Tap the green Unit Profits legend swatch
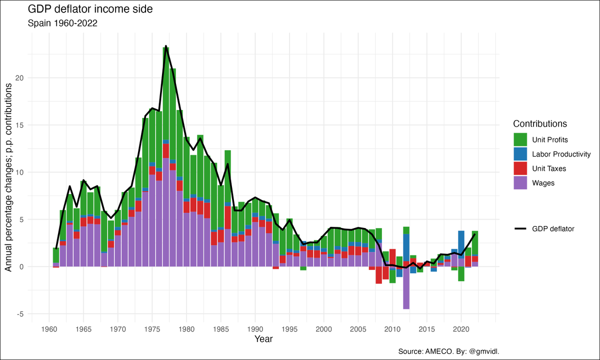520,139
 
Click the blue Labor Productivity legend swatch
520,154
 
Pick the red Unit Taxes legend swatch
520,168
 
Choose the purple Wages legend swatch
520,183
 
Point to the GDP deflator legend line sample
520,228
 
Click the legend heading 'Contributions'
539,123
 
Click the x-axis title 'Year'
263,340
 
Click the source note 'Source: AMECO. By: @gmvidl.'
449,351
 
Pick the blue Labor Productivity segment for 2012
406,247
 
